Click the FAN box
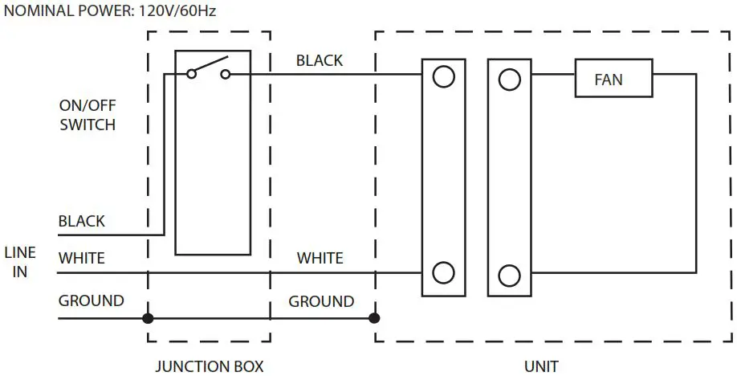click(x=613, y=80)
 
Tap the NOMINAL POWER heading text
click(x=110, y=11)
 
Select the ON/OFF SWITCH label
click(x=88, y=115)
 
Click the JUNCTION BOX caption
click(x=209, y=366)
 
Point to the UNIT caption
click(x=540, y=366)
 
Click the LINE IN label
click(x=20, y=263)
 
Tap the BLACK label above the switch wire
click(x=319, y=60)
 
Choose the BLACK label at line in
click(x=81, y=221)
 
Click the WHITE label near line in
click(x=81, y=259)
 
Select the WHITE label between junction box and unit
click(x=320, y=259)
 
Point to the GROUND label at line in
click(x=91, y=301)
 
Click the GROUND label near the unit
click(x=321, y=302)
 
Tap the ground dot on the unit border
click(x=374, y=318)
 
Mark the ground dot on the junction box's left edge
click(x=148, y=318)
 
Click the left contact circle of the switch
click(x=191, y=75)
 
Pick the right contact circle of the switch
click(x=226, y=75)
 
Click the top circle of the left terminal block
click(x=443, y=77)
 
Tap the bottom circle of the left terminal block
click(x=443, y=273)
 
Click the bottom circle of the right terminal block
click(x=509, y=275)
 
